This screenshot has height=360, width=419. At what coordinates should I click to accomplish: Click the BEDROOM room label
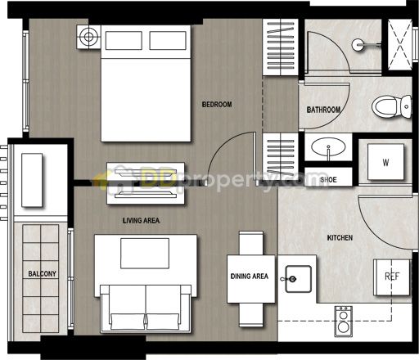pos(217,104)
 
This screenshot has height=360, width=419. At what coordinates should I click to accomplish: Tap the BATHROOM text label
pos(323,110)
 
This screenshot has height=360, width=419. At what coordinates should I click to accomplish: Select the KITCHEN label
pos(340,238)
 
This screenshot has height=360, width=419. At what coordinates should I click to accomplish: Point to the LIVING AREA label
pos(141,220)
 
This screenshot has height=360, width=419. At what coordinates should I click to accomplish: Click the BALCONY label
pos(42,273)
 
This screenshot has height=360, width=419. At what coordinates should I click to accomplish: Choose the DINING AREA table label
pos(250,277)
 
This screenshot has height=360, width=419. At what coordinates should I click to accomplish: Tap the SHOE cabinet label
pos(328,180)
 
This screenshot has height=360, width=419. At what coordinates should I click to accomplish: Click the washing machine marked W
pos(385,162)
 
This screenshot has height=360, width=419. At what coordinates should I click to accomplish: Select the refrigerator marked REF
pos(392,277)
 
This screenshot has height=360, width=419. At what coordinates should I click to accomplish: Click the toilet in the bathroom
pos(391,106)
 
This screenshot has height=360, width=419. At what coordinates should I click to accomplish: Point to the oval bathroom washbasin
pos(328,146)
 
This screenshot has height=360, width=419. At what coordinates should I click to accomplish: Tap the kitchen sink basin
pos(298,279)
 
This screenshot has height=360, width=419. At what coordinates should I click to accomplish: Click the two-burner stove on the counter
pos(344,322)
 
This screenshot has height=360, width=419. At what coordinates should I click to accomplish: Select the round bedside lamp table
pos(88,37)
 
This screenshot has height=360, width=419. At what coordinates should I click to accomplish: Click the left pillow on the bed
pos(124,41)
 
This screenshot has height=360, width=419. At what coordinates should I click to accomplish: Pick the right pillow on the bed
pos(168,41)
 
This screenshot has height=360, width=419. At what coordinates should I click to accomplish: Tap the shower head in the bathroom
pos(358,45)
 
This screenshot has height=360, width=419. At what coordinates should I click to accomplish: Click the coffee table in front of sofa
pos(145,254)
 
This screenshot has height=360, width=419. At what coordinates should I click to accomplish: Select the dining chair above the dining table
pos(251,243)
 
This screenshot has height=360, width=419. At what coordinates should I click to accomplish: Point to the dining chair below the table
pos(251,315)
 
